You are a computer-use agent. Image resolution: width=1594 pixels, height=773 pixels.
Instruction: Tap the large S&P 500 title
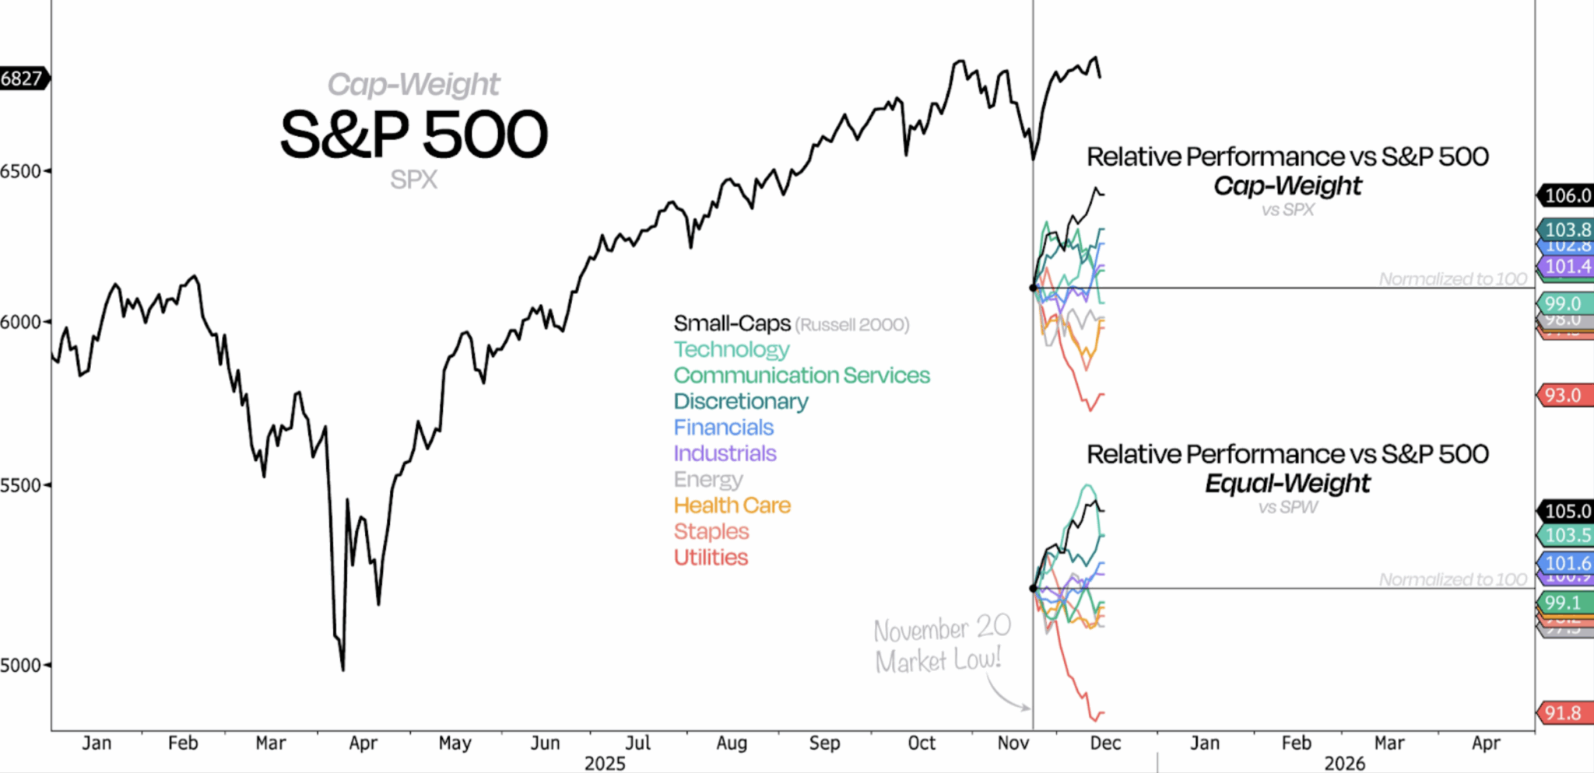tap(413, 134)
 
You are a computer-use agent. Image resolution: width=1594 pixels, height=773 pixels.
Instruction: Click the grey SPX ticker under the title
tap(413, 180)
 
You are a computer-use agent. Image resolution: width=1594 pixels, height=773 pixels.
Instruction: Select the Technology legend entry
tap(731, 349)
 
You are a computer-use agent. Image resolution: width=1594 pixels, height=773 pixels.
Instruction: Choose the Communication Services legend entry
tap(801, 376)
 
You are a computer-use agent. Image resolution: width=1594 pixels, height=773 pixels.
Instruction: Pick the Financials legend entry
tap(723, 428)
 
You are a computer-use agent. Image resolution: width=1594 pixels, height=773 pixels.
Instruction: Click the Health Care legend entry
tap(732, 505)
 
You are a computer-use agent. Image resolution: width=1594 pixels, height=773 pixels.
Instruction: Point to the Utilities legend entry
tap(710, 558)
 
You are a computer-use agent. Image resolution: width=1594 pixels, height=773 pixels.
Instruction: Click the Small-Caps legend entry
tap(732, 324)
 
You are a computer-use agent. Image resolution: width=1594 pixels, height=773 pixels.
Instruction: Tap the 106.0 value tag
tap(1566, 195)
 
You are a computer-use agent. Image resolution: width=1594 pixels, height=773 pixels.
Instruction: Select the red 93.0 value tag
tap(1563, 395)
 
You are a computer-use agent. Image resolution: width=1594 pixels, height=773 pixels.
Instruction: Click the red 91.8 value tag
tap(1563, 713)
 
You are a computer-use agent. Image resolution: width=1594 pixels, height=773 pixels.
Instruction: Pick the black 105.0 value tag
tap(1566, 511)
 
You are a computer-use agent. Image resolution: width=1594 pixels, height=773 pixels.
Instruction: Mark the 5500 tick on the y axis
tap(21, 485)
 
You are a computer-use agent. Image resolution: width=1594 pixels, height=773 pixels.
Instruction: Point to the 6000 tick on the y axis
tap(21, 322)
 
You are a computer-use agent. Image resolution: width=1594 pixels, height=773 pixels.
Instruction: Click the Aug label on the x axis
tap(731, 743)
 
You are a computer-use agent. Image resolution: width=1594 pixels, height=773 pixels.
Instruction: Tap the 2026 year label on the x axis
tap(1344, 764)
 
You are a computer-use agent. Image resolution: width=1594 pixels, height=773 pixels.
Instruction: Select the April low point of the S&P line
tap(342, 669)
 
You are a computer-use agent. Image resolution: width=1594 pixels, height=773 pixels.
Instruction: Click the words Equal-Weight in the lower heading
tap(1287, 484)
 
